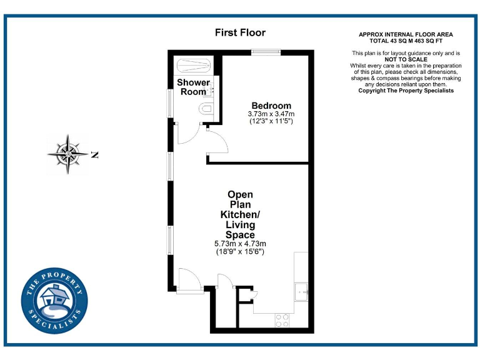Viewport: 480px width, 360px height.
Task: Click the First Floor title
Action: (x=240, y=32)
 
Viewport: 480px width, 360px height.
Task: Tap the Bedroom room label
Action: (x=271, y=106)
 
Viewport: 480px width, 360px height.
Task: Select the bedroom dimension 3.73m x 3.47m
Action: (x=271, y=114)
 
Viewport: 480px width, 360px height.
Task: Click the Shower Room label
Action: (x=193, y=87)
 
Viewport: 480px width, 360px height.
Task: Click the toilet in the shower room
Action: (x=207, y=109)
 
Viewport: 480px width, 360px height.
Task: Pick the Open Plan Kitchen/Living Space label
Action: (x=240, y=214)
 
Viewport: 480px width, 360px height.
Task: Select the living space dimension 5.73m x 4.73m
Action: (x=240, y=244)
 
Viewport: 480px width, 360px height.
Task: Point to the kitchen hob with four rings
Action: (x=282, y=321)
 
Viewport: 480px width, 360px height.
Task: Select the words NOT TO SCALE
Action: (x=406, y=59)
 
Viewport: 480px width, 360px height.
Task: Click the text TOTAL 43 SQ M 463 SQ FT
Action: (x=406, y=41)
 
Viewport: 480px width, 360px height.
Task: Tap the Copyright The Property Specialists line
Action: (x=406, y=91)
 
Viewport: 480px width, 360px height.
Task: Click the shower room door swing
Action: (x=188, y=134)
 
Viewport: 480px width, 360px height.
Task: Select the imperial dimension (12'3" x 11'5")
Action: (x=271, y=121)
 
